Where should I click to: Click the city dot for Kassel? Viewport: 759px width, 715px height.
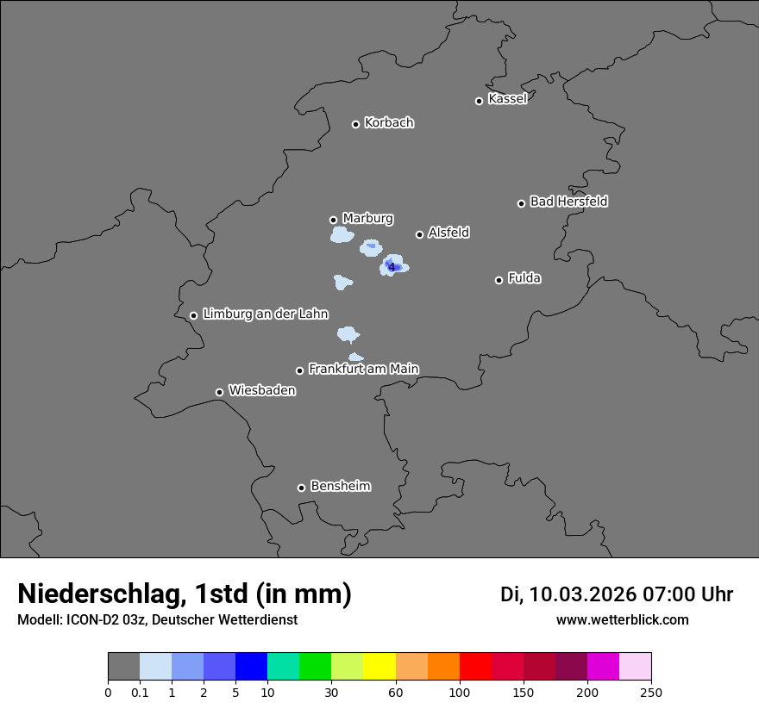point(479,101)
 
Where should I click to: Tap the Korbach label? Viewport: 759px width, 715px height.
point(389,123)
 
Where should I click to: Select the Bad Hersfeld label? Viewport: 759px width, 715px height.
point(568,202)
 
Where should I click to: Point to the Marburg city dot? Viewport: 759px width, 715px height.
point(333,220)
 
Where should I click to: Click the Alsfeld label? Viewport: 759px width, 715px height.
point(448,233)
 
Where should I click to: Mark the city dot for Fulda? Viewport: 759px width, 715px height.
point(499,280)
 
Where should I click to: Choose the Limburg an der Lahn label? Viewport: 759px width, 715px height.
point(265,314)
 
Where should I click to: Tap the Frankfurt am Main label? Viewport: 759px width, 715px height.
point(363,369)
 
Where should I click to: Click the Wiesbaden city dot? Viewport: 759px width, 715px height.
point(219,392)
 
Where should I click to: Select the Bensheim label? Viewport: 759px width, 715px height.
point(340,486)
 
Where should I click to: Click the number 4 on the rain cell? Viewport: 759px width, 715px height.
point(392,267)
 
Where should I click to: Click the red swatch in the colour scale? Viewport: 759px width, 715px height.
point(475,667)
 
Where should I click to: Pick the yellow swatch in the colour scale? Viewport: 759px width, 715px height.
point(379,667)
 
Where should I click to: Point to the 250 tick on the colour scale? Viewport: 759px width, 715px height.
point(651,692)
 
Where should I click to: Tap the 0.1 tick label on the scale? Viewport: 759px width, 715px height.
point(140,692)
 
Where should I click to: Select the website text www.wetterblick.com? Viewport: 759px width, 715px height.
point(622,619)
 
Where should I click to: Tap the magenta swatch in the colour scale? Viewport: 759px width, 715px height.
point(603,667)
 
